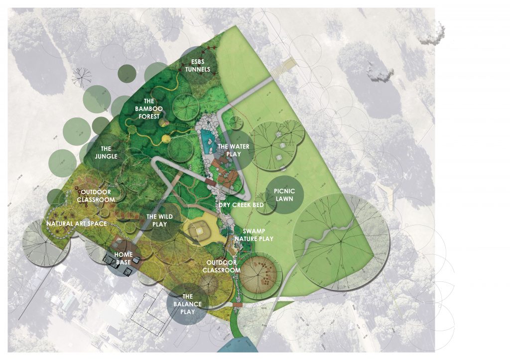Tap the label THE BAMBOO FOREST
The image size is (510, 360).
pyautogui.click(x=147, y=108)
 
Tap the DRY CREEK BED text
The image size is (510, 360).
pyautogui.click(x=241, y=205)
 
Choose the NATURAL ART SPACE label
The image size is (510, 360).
pyautogui.click(x=77, y=224)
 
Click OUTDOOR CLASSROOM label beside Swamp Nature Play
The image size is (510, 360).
pyautogui.click(x=222, y=266)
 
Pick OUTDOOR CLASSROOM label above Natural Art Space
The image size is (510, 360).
pyautogui.click(x=96, y=195)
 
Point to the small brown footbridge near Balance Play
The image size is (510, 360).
pyautogui.click(x=237, y=305)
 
